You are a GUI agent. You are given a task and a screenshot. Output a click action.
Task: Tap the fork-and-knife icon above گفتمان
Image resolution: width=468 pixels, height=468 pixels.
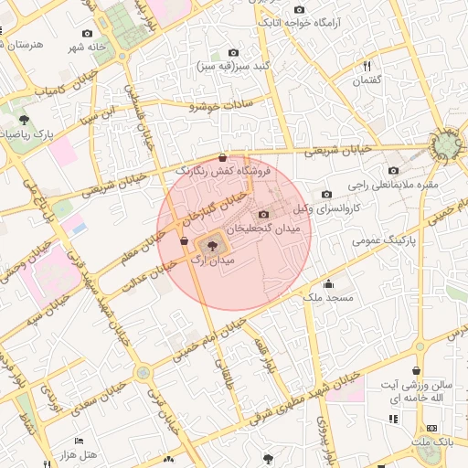pyautogui.click(x=367, y=66)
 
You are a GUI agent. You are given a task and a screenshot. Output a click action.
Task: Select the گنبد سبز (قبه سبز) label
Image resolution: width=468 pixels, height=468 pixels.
pyautogui.click(x=233, y=67)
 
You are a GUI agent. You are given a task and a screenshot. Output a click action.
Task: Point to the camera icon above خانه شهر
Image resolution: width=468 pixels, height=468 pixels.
pyautogui.click(x=87, y=32)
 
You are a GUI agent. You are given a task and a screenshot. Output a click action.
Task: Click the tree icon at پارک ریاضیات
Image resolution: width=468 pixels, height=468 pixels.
pyautogui.click(x=24, y=120)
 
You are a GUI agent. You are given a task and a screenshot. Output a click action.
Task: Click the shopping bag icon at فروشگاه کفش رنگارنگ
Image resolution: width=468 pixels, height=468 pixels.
pyautogui.click(x=224, y=157)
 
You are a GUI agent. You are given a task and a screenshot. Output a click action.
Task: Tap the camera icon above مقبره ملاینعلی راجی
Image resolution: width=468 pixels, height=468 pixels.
pyautogui.click(x=393, y=170)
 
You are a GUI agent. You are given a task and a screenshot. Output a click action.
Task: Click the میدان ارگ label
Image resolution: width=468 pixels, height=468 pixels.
pyautogui.click(x=213, y=261)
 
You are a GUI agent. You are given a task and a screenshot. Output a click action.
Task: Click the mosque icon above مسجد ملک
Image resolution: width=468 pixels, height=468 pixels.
pyautogui.click(x=329, y=283)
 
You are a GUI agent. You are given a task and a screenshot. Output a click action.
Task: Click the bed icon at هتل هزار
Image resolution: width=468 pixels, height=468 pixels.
pyautogui.click(x=79, y=441)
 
